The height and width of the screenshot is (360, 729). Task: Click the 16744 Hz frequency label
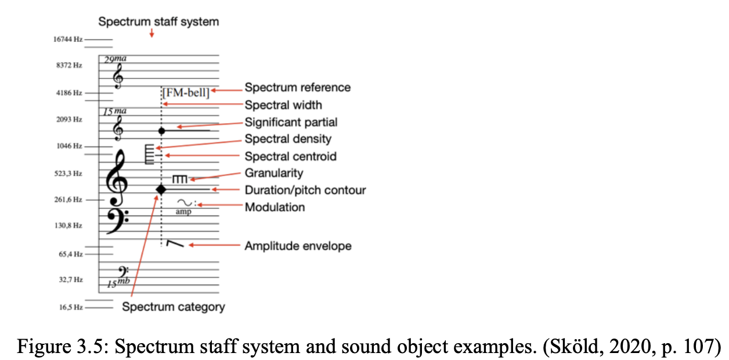coord(67,39)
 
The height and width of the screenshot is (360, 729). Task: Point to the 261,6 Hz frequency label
coord(69,200)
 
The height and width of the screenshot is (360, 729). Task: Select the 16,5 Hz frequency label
coord(71,307)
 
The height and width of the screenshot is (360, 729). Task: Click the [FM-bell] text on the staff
coord(186,91)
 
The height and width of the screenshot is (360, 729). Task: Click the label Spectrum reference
coord(297,88)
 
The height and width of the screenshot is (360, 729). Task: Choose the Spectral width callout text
coord(283,105)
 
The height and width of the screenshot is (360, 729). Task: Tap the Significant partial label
coord(291,122)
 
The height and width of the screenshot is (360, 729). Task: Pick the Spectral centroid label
coord(290,156)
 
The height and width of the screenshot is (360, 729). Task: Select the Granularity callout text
coord(273,173)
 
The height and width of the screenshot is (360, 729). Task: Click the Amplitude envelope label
coord(298,246)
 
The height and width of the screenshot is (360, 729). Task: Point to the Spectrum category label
coord(173,307)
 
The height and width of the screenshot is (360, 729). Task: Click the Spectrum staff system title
coord(158,22)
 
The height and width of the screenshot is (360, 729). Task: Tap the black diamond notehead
coord(161,189)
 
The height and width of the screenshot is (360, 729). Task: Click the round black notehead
coord(162,131)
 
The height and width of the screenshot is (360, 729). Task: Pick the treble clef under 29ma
coord(118,76)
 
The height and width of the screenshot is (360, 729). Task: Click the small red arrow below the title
coord(151,34)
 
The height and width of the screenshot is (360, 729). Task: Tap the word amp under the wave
coord(183,213)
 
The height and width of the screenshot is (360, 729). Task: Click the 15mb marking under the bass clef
coord(118,283)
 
